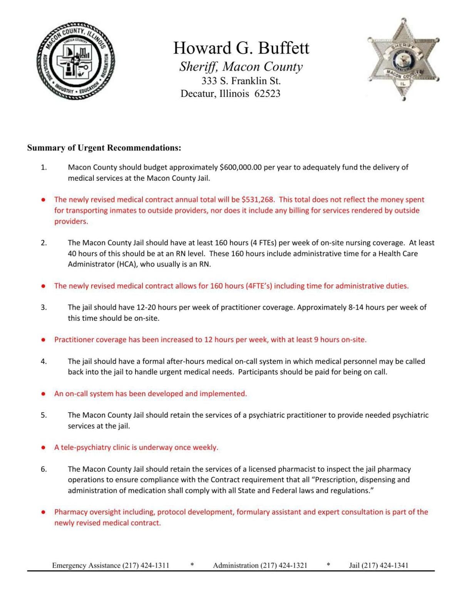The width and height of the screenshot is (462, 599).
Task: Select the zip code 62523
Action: [267, 94]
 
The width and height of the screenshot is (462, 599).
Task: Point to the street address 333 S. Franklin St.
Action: [241, 81]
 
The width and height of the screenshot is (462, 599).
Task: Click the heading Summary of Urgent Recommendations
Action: [104, 148]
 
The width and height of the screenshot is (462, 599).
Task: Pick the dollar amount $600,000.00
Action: [241, 167]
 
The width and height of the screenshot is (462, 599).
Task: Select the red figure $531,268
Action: [258, 200]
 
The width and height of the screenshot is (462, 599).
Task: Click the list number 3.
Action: [44, 308]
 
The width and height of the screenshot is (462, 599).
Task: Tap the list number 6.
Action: [44, 469]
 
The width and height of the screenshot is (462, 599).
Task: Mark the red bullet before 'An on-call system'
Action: [44, 394]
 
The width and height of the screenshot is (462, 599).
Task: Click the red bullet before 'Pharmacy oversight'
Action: [44, 512]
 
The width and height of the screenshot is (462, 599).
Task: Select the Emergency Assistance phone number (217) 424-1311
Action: [146, 565]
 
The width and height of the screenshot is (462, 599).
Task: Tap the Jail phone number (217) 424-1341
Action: [385, 565]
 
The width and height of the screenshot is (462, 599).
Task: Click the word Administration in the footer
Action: [236, 565]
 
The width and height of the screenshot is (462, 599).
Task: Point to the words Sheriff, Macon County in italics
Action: [241, 67]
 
